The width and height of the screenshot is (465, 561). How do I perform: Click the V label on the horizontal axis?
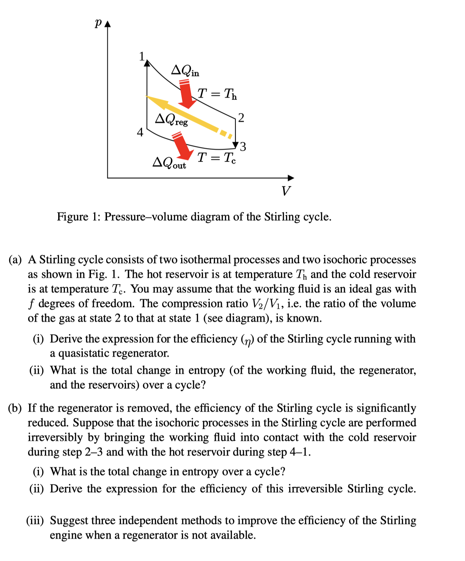click(286, 191)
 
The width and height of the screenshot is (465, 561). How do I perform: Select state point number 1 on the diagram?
click(142, 56)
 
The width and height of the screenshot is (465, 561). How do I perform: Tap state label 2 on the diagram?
click(241, 117)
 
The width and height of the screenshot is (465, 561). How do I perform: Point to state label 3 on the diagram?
click(243, 146)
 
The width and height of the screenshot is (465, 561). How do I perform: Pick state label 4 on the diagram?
click(140, 132)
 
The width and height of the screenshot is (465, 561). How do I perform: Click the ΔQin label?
click(185, 70)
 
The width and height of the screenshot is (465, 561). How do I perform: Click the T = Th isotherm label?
click(217, 94)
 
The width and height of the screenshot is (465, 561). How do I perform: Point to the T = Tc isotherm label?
click(216, 157)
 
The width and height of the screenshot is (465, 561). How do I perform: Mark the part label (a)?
click(15, 259)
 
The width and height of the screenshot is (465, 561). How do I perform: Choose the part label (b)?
click(15, 408)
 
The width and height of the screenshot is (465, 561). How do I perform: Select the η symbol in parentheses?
click(247, 339)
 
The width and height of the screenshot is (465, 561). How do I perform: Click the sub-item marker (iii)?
click(35, 521)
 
